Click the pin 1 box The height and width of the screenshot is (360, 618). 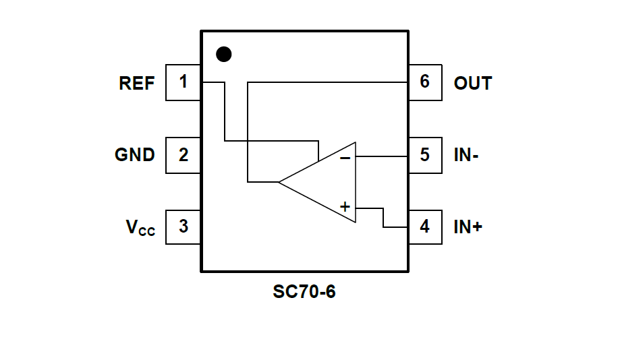[183, 82]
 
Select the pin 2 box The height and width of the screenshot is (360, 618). [183, 154]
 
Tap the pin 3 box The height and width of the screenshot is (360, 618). [183, 227]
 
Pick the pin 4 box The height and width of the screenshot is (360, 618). [425, 227]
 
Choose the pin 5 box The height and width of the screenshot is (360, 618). [425, 154]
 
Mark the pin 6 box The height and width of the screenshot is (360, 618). [425, 82]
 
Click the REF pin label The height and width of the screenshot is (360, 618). [137, 84]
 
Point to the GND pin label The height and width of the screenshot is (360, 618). [135, 155]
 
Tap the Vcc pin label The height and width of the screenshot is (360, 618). [140, 228]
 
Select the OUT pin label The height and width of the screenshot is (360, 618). [473, 84]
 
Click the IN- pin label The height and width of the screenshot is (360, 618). [466, 155]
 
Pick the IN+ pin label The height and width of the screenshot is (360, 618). [468, 227]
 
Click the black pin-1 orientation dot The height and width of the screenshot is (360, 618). [223, 54]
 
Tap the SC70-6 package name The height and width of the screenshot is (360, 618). [304, 293]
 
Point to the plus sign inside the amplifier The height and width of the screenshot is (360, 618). [345, 207]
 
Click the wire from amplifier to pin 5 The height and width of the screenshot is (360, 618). [382, 156]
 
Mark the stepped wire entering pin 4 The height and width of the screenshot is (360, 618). [383, 217]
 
